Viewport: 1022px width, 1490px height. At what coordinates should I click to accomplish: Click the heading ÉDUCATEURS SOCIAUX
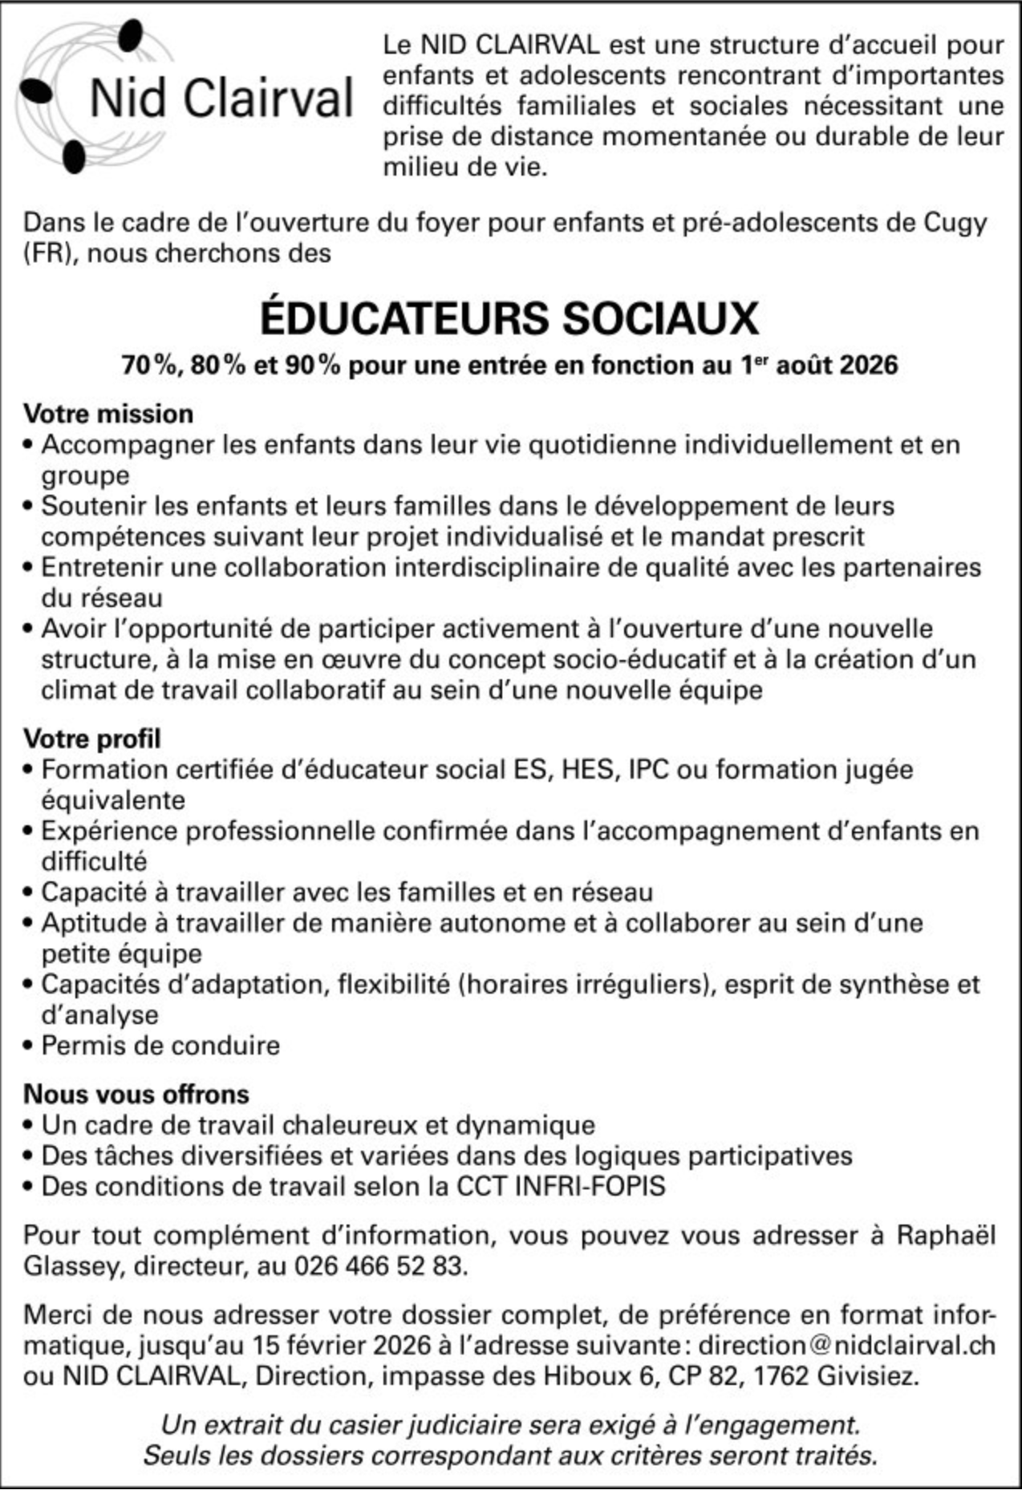point(509,318)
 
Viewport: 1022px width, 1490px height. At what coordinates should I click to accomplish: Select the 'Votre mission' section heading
point(108,414)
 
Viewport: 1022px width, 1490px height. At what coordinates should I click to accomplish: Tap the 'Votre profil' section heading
point(92,738)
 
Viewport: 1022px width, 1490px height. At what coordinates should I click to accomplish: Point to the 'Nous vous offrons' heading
point(136,1094)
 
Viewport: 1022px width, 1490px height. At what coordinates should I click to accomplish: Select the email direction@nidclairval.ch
point(846,1344)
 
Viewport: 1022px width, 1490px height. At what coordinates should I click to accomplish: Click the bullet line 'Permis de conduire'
point(160,1046)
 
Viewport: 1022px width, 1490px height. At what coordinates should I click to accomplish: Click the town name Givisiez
point(867,1375)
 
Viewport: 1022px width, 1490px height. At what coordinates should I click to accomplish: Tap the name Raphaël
point(946,1235)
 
